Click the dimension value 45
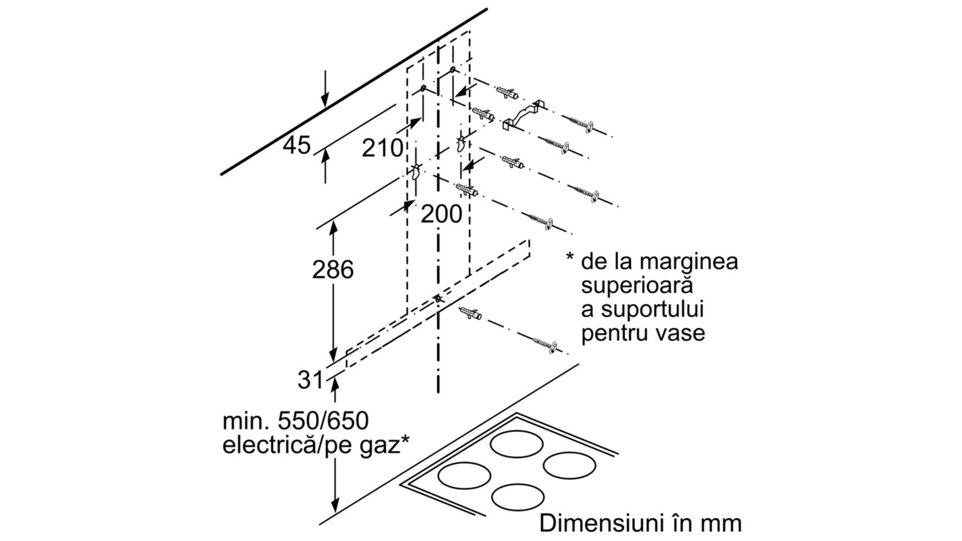click(x=296, y=145)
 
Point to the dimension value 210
click(x=382, y=148)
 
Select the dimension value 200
click(x=441, y=214)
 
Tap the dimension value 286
click(x=333, y=270)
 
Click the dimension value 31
click(x=310, y=380)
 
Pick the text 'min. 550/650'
click(x=295, y=421)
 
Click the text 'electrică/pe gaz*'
click(x=316, y=445)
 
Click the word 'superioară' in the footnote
click(x=637, y=285)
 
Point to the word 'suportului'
click(x=659, y=310)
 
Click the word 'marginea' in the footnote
click(x=688, y=261)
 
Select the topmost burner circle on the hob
click(x=516, y=444)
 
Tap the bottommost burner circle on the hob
click(x=518, y=497)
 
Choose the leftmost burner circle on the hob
click(x=464, y=475)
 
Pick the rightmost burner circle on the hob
click(x=569, y=465)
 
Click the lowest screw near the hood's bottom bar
click(x=545, y=345)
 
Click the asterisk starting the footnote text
click(x=570, y=257)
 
